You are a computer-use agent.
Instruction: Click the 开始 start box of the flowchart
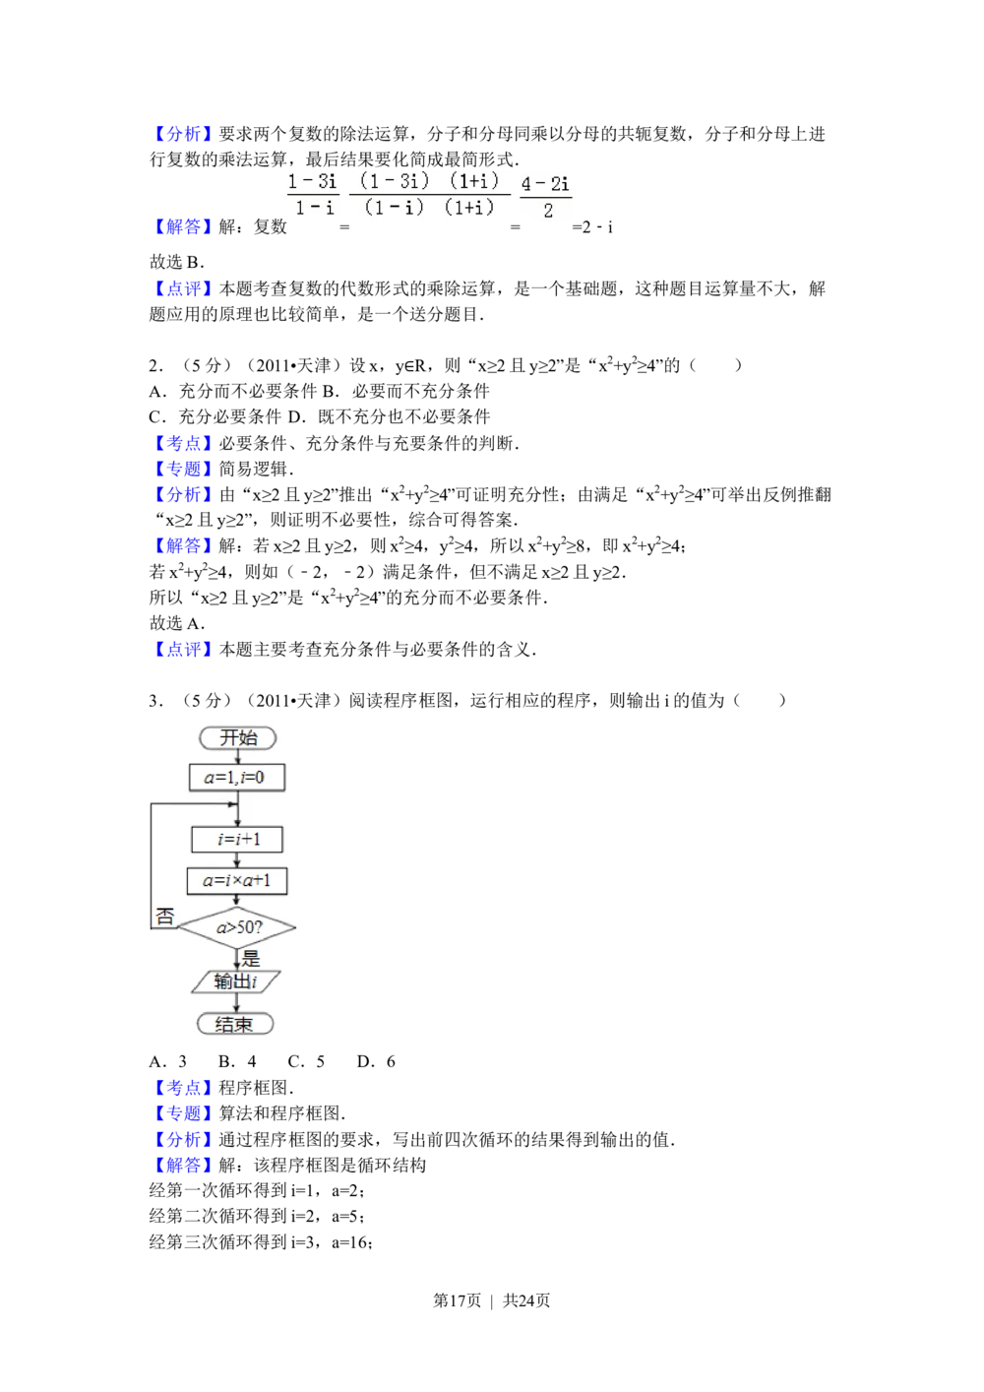click(237, 737)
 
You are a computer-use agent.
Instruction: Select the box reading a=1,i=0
click(236, 777)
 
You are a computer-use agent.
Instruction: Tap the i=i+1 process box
click(237, 839)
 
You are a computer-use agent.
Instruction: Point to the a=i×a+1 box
click(237, 880)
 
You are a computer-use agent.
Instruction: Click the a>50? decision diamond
click(238, 927)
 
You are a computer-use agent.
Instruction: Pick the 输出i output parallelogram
click(236, 981)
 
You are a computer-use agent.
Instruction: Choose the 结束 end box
click(234, 1024)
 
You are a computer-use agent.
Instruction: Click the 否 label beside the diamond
click(164, 917)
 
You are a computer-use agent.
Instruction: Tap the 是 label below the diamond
click(250, 958)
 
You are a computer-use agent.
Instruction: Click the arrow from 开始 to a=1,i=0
click(237, 757)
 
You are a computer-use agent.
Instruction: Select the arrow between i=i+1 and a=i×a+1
click(237, 859)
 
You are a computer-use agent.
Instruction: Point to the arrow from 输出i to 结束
click(236, 1002)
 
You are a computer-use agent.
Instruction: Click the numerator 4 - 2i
click(545, 184)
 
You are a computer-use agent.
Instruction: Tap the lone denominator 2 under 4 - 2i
click(548, 211)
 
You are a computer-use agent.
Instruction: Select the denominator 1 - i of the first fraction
click(315, 208)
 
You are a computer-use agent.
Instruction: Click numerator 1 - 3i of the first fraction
click(312, 181)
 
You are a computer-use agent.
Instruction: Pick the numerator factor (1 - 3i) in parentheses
click(395, 181)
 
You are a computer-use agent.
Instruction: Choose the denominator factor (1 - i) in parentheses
click(393, 207)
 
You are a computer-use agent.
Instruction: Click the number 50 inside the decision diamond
click(246, 927)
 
